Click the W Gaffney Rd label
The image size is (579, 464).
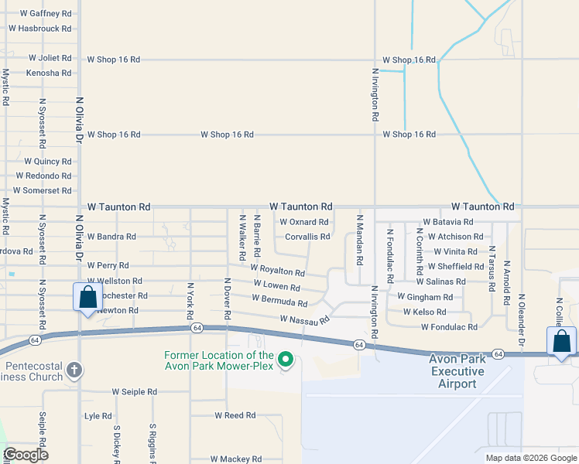point(46,14)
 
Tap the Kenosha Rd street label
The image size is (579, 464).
point(49,73)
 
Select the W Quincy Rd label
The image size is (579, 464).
point(48,162)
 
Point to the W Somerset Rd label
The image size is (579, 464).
point(43,190)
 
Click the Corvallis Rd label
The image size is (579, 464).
point(308,237)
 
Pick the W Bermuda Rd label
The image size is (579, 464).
point(279,301)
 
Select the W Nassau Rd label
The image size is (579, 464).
point(305,319)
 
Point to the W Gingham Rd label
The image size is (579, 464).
point(425,297)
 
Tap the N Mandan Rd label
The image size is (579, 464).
point(359,241)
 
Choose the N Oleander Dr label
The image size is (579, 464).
point(522,319)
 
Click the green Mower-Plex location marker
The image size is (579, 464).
point(286,360)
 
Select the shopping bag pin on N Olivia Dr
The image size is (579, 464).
point(87,298)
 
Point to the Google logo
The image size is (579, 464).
point(26,455)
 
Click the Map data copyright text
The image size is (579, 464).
point(530,458)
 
